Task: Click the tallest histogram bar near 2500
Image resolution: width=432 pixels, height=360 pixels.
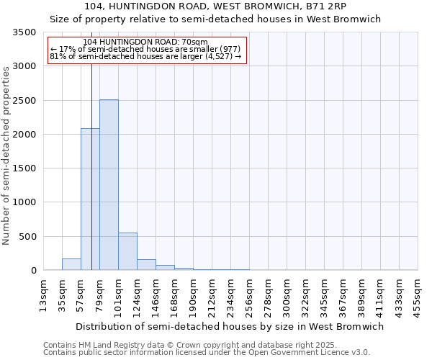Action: pyautogui.click(x=109, y=185)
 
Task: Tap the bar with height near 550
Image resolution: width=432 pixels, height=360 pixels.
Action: pyautogui.click(x=127, y=251)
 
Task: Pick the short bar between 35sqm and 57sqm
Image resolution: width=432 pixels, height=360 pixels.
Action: pyautogui.click(x=71, y=264)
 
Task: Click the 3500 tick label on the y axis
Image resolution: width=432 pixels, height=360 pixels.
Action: pyautogui.click(x=24, y=32)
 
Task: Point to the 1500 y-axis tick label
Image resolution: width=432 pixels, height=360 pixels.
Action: pyautogui.click(x=24, y=168)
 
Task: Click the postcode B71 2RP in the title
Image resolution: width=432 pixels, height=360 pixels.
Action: pyautogui.click(x=327, y=6)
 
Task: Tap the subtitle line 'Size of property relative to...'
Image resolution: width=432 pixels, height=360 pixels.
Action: pyautogui.click(x=215, y=19)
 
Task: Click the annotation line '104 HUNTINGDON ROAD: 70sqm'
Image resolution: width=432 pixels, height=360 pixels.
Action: pyautogui.click(x=146, y=42)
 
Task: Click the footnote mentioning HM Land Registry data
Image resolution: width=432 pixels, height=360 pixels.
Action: pyautogui.click(x=206, y=345)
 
